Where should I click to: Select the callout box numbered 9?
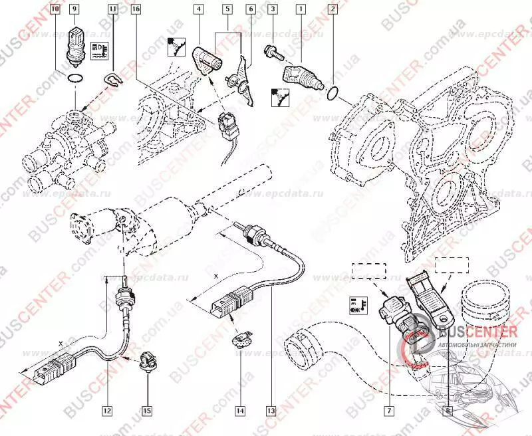[75, 10]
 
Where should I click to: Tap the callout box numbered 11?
[113, 10]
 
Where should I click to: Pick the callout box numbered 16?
[136, 10]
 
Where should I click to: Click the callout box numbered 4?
[199, 10]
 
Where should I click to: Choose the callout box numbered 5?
[227, 10]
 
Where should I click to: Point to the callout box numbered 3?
[272, 10]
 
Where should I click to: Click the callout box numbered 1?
[302, 10]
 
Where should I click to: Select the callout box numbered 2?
[332, 10]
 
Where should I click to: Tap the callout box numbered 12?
[106, 410]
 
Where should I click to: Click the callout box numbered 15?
[148, 410]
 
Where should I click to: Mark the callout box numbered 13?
[270, 410]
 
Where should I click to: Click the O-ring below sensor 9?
[75, 80]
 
